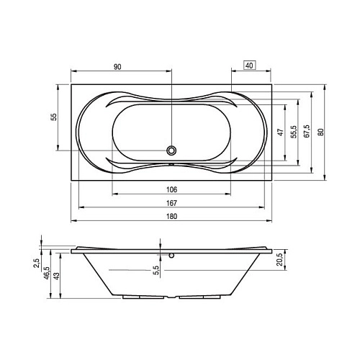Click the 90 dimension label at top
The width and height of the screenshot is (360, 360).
(117, 67)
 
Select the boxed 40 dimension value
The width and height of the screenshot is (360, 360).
(250, 66)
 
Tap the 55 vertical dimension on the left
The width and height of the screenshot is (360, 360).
(55, 117)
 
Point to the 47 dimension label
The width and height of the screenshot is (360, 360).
(281, 132)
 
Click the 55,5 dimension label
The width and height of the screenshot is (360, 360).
(294, 132)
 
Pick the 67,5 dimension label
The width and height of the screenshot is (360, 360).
(307, 131)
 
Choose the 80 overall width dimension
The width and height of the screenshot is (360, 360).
(320, 132)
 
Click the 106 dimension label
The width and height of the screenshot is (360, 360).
(171, 189)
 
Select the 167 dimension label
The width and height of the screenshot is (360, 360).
(171, 203)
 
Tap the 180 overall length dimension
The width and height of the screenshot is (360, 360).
(171, 216)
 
